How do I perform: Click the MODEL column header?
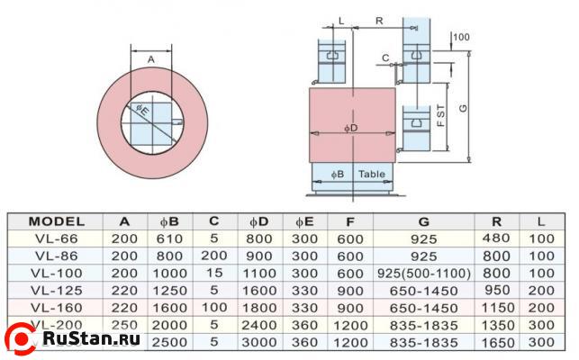coord(56,220)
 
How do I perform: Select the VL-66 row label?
coord(56,238)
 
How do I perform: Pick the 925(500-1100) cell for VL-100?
coord(423,273)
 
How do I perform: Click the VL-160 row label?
coord(56,307)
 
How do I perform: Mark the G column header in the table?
coord(423,220)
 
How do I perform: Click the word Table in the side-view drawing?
coord(372,173)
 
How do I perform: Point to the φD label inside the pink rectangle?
coord(351,128)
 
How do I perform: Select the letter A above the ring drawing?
coord(150,59)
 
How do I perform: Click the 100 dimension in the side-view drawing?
coord(462,37)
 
